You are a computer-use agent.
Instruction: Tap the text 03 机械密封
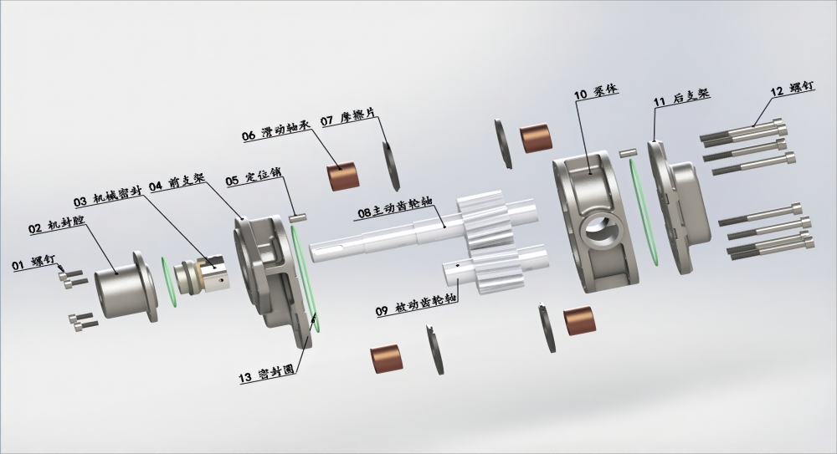point(107,198)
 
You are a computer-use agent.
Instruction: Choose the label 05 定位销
point(253,177)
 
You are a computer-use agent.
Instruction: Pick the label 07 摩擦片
point(348,117)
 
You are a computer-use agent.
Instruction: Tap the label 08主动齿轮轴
point(395,208)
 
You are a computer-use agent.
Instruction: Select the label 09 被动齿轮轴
point(416,306)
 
